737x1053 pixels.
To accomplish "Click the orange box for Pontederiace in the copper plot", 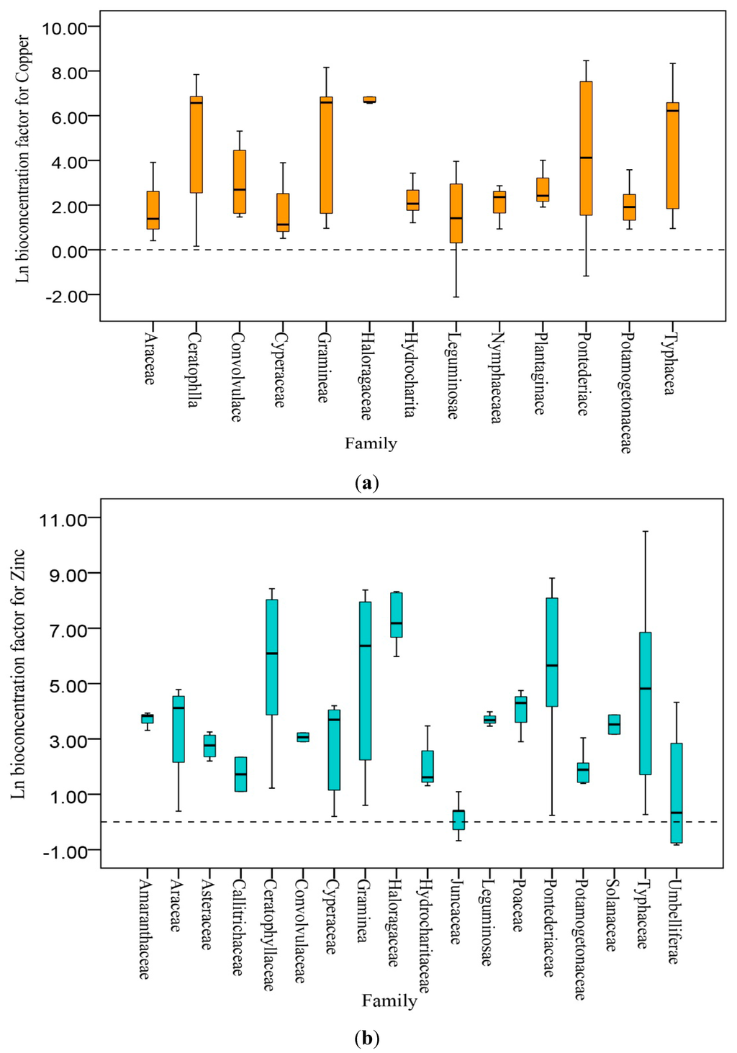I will (x=586, y=148).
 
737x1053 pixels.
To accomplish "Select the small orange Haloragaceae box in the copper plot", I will (x=369, y=99).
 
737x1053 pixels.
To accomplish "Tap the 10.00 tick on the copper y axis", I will (x=65, y=28).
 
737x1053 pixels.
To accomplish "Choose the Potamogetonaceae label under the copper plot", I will (x=627, y=392).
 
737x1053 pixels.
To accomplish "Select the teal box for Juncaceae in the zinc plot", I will (x=458, y=820).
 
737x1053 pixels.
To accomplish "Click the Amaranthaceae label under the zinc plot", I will (x=145, y=929).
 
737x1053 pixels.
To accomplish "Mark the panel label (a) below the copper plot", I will (x=367, y=482).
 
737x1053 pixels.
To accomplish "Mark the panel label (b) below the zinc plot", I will (x=367, y=1038).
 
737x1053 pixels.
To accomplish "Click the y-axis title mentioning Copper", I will (x=23, y=158).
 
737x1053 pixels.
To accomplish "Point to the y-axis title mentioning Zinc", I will (x=19, y=673).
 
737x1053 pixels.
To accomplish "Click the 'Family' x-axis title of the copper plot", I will (x=371, y=443).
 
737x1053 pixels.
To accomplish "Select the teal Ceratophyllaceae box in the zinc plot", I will (x=272, y=656).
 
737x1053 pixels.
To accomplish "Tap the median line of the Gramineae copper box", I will (x=326, y=102).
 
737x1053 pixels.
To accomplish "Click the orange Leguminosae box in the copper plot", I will (x=456, y=213).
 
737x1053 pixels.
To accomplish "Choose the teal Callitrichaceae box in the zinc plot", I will (x=240, y=774).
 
